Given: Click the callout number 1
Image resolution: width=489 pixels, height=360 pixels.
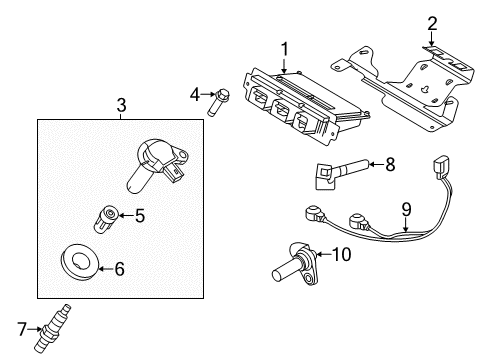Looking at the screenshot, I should coord(284,47).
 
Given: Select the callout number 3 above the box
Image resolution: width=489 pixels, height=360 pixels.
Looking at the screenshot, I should coord(121,104).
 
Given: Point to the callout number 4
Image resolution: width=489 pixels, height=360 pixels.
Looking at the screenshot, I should coord(196,94).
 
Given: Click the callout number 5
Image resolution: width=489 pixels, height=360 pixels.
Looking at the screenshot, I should coord(140,213).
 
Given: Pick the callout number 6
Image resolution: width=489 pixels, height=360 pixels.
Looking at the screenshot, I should coord(147,268).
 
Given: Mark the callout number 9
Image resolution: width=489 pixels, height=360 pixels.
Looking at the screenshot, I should coord(406,209).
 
